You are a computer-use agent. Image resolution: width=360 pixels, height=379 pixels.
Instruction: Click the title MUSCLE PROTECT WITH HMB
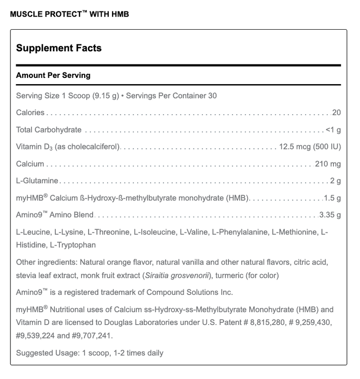[69, 14]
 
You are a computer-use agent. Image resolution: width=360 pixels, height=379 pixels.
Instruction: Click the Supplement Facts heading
[58, 48]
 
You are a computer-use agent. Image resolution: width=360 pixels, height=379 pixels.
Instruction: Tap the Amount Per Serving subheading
[53, 75]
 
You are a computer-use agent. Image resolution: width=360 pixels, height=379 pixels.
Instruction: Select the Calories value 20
[336, 113]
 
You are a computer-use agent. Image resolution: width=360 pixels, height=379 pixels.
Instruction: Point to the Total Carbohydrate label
[49, 130]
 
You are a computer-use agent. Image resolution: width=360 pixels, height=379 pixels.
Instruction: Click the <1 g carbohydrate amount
[333, 130]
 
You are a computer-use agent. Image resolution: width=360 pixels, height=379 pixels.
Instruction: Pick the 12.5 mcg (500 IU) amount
[310, 147]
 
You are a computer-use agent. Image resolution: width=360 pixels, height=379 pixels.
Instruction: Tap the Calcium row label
[30, 164]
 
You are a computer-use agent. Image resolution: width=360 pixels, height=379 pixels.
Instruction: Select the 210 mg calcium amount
[328, 164]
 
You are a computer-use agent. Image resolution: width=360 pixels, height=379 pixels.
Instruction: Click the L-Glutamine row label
[37, 181]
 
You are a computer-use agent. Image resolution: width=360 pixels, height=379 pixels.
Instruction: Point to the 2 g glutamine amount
[335, 181]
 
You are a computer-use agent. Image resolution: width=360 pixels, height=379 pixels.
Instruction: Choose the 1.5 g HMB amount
[332, 198]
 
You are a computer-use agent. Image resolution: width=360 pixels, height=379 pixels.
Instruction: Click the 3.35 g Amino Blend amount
[330, 215]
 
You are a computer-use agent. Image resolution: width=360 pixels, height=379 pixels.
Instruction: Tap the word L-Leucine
[32, 232]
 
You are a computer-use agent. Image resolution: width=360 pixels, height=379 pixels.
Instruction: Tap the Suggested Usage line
[90, 353]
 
